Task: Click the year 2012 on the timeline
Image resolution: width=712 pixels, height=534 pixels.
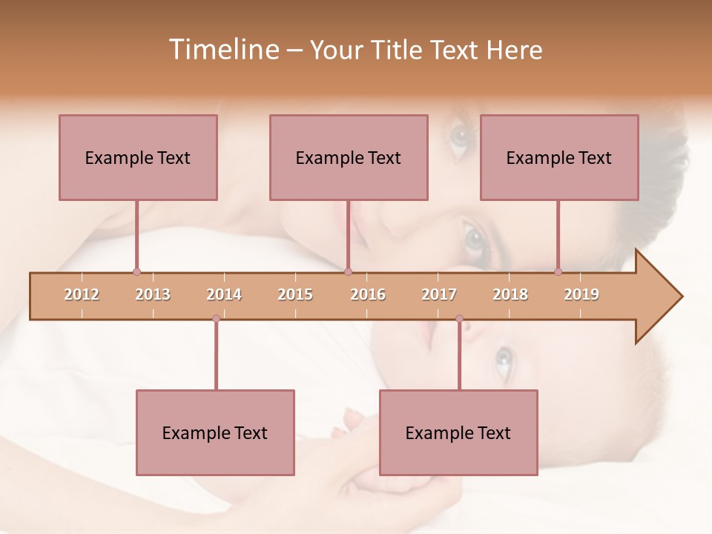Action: point(82,294)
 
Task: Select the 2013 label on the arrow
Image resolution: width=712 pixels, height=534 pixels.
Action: point(153,294)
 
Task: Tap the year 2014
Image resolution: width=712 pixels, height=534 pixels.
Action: point(224,294)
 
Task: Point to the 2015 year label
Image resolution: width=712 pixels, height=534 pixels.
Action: point(295,294)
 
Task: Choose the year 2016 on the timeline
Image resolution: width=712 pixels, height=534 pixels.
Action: point(368,294)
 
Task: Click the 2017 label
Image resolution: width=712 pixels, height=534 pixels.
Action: point(439,294)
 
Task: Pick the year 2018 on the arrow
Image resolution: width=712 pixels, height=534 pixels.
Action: point(510,294)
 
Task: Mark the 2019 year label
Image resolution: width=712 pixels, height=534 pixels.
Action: point(581,294)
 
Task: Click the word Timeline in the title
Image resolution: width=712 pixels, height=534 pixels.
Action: point(222,50)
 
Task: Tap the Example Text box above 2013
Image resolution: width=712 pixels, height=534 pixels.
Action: point(138,157)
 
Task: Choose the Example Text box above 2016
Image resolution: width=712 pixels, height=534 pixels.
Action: point(349,157)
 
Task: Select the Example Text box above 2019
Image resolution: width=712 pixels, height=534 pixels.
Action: point(559,157)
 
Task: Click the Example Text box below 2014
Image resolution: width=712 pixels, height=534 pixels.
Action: point(215,432)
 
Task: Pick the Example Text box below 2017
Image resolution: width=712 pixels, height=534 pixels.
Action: point(458,432)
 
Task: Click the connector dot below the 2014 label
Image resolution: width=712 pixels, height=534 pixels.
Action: point(216,319)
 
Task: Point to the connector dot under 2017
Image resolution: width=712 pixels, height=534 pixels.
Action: point(459,319)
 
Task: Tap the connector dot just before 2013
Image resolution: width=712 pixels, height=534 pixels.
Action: point(136,272)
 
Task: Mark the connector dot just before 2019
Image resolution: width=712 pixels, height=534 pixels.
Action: point(558,272)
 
